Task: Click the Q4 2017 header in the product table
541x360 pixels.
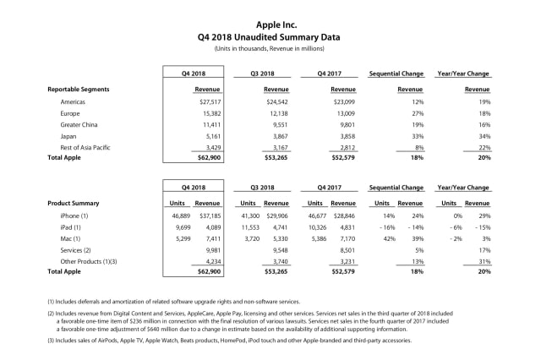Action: (x=331, y=188)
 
